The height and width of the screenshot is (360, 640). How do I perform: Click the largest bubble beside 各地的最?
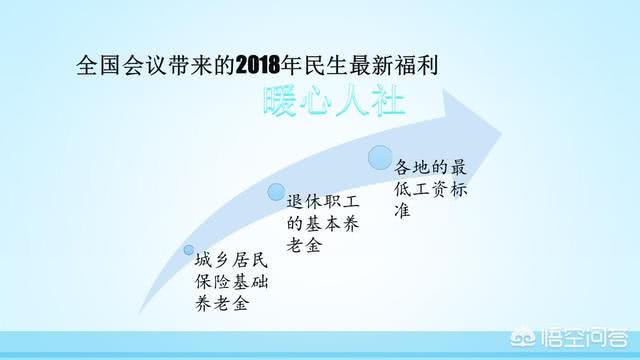[x=380, y=157]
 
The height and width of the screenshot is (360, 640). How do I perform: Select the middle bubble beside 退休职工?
[x=276, y=193]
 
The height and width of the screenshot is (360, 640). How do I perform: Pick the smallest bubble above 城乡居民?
[x=188, y=250]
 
